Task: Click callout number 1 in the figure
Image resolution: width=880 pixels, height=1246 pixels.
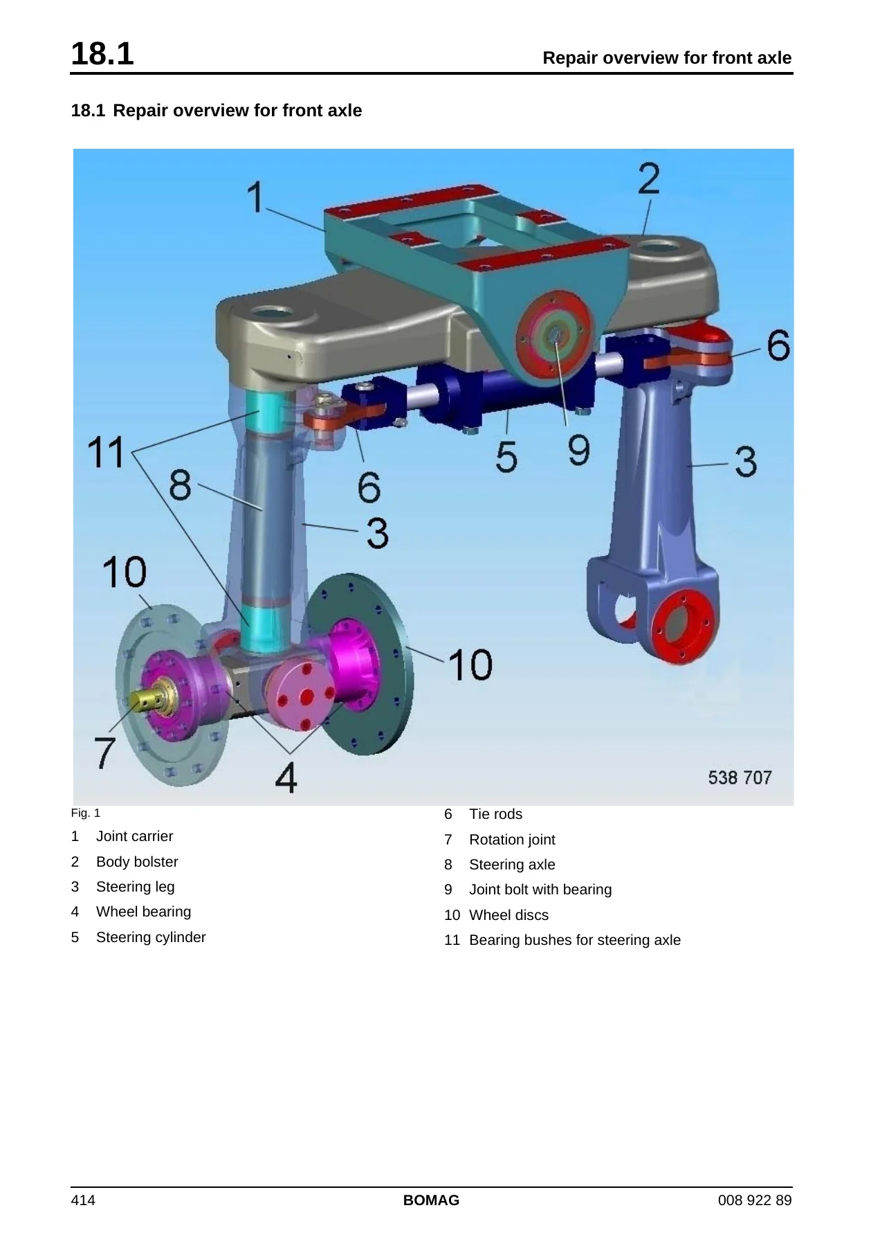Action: click(x=256, y=197)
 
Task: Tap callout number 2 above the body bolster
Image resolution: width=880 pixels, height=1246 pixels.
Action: click(x=649, y=179)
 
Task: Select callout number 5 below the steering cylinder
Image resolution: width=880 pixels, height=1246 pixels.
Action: click(x=506, y=457)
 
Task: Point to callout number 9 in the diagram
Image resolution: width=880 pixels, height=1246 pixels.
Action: click(x=578, y=450)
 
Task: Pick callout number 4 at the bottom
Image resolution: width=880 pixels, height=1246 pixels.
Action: click(x=286, y=777)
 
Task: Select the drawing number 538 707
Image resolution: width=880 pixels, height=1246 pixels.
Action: click(x=740, y=778)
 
